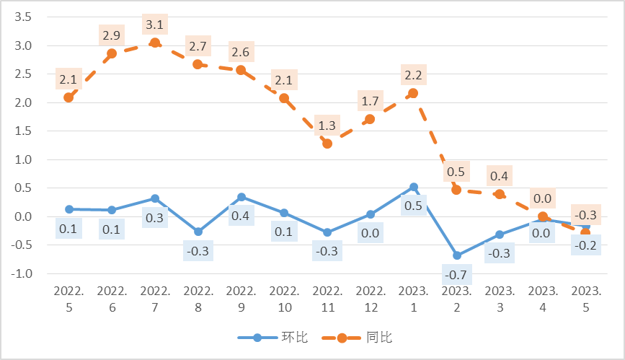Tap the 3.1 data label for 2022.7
pyautogui.click(x=155, y=25)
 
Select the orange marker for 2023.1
pyautogui.click(x=413, y=93)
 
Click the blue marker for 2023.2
pyautogui.click(x=456, y=255)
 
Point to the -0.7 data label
pyautogui.click(x=456, y=275)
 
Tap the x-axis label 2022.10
pyautogui.click(x=284, y=299)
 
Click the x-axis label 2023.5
pyautogui.click(x=585, y=299)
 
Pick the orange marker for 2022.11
pyautogui.click(x=327, y=144)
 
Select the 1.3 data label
pyautogui.click(x=327, y=126)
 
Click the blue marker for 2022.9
pyautogui.click(x=241, y=197)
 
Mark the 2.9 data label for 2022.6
pyautogui.click(x=112, y=35)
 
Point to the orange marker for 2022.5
pyautogui.click(x=68, y=97)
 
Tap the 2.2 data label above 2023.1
pyautogui.click(x=413, y=75)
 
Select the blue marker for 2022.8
pyautogui.click(x=198, y=232)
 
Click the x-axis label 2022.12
pyautogui.click(x=370, y=299)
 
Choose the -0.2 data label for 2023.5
pyautogui.click(x=585, y=245)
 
